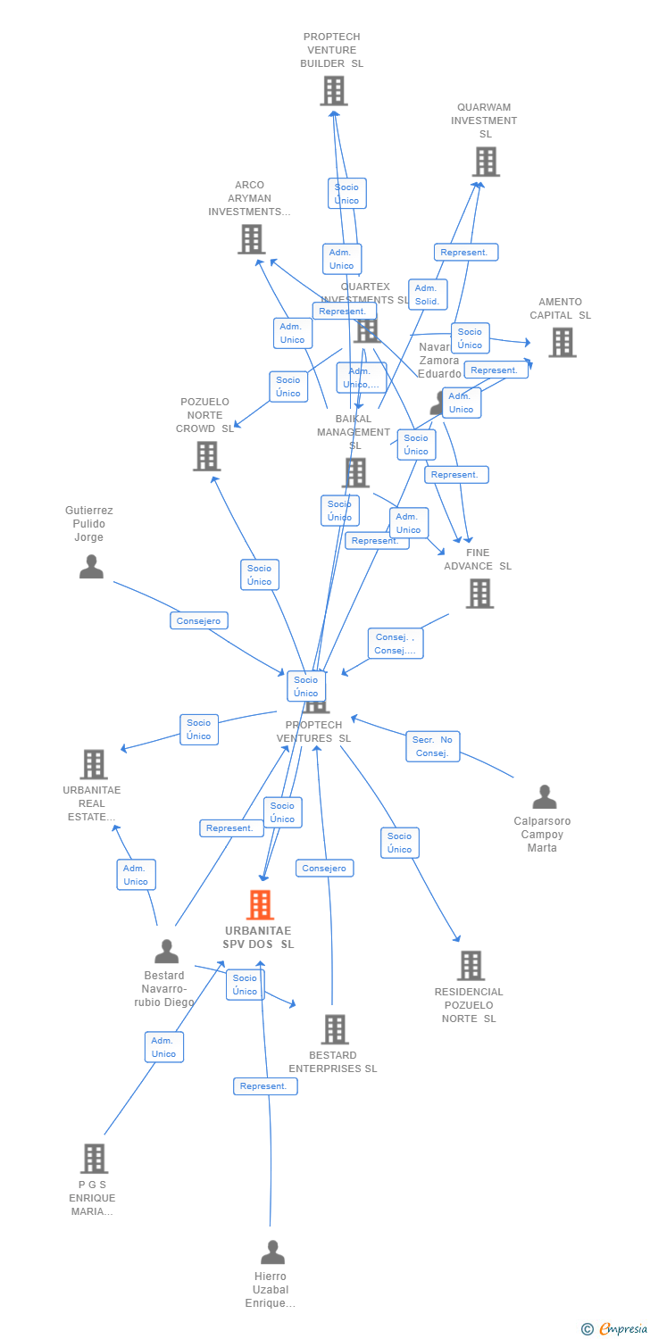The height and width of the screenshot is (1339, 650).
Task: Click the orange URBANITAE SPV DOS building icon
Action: tap(260, 904)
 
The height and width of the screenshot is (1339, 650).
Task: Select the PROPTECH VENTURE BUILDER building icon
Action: tap(333, 91)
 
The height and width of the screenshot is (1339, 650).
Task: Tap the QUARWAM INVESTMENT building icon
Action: tap(485, 162)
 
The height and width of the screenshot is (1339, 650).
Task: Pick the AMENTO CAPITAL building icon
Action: tap(562, 342)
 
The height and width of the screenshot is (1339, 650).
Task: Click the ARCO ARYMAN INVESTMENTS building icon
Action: tap(252, 239)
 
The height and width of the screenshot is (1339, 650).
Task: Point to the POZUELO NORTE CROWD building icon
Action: tap(206, 456)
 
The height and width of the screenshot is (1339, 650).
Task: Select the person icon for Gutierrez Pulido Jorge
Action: tap(91, 567)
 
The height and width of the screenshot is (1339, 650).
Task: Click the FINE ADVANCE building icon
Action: tap(479, 593)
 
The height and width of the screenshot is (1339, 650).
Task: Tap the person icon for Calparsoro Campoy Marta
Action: tap(544, 797)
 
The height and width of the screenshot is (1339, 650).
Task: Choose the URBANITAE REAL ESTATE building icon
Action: tap(94, 765)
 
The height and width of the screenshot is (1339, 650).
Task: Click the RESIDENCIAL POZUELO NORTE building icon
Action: tap(471, 965)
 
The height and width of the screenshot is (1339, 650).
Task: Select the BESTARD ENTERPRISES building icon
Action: tap(334, 1029)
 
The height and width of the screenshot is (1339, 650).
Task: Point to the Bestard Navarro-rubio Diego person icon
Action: tap(166, 952)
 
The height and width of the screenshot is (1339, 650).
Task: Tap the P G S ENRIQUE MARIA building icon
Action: tap(94, 1159)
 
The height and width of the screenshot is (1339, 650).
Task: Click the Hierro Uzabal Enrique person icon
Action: tap(272, 1252)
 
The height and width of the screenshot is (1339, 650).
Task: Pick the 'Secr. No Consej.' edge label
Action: tap(432, 746)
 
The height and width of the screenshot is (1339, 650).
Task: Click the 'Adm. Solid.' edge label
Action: tap(428, 295)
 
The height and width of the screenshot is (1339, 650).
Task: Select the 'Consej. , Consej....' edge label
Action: tap(395, 644)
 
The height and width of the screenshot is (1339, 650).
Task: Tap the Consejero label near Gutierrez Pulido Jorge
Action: tap(199, 620)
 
